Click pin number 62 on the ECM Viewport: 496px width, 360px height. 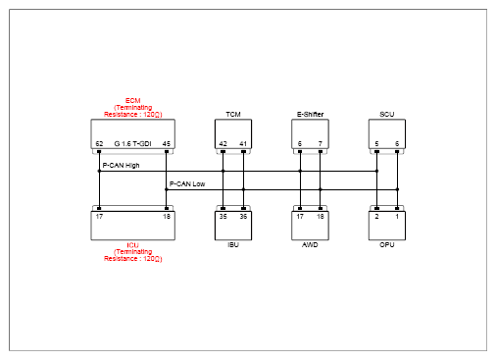(99, 144)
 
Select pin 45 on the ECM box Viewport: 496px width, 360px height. (167, 144)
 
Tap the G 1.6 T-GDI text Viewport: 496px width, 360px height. (132, 144)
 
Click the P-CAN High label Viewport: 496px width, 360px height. (121, 166)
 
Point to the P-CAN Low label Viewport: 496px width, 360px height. (187, 184)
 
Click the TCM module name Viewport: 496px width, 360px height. (233, 115)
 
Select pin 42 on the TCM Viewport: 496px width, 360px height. (223, 144)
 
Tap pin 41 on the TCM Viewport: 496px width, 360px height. (243, 144)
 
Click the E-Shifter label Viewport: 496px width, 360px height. (310, 115)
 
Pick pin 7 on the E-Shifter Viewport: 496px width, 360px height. (321, 144)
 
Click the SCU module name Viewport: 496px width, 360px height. (387, 115)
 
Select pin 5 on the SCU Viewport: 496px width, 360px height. (376, 144)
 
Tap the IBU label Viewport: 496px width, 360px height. (233, 245)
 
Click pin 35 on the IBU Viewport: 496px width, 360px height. (223, 217)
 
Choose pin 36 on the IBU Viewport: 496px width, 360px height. (243, 217)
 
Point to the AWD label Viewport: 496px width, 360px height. (310, 245)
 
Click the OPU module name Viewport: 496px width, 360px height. (387, 245)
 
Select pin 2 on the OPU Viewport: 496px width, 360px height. (376, 217)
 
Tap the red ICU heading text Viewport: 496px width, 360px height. (132, 245)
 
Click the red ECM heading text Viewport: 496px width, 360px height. (132, 101)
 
